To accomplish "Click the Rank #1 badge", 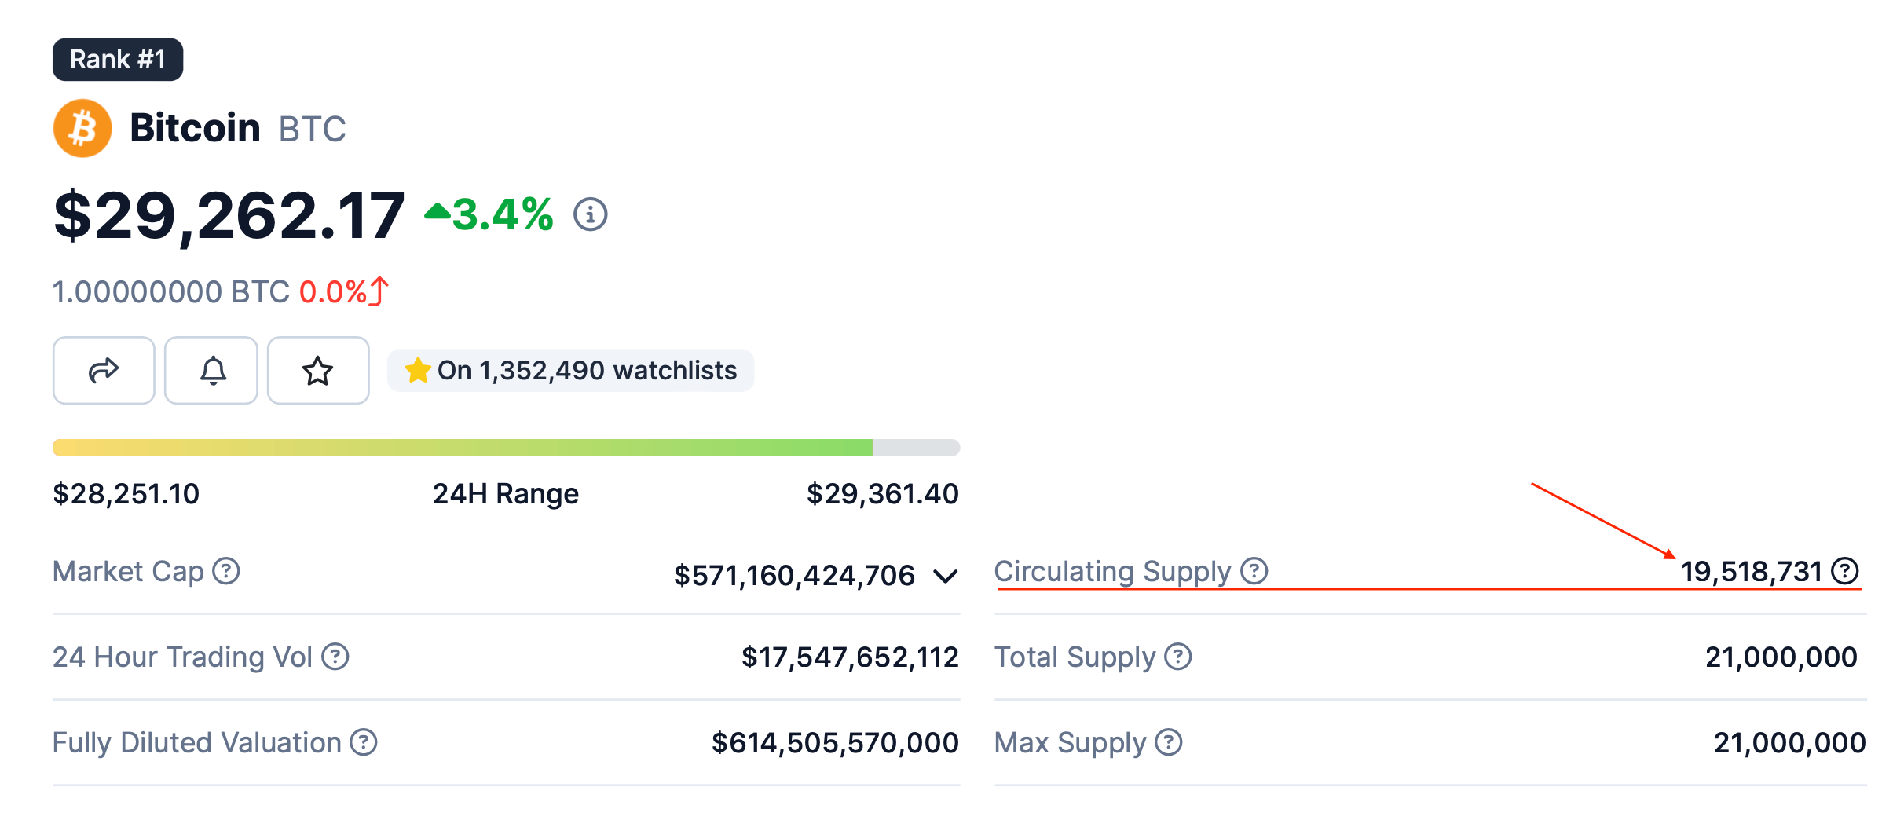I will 118,60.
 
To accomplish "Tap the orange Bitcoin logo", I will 82,128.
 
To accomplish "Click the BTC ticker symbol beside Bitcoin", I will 312,130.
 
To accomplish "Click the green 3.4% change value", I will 501,214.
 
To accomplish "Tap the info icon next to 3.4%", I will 590,214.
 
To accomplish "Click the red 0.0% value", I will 333,292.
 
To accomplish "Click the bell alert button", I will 211,371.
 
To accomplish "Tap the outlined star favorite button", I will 318,371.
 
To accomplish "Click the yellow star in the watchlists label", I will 418,370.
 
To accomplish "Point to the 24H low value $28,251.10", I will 126,494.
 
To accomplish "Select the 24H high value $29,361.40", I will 882,494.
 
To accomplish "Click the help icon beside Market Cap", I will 226,571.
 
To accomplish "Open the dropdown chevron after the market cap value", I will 946,577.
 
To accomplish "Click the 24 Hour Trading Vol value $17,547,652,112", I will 850,657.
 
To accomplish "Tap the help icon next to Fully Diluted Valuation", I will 364,742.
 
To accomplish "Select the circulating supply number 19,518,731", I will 1751,572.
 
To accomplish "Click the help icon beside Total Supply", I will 1177,657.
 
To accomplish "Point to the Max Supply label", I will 1070,743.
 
